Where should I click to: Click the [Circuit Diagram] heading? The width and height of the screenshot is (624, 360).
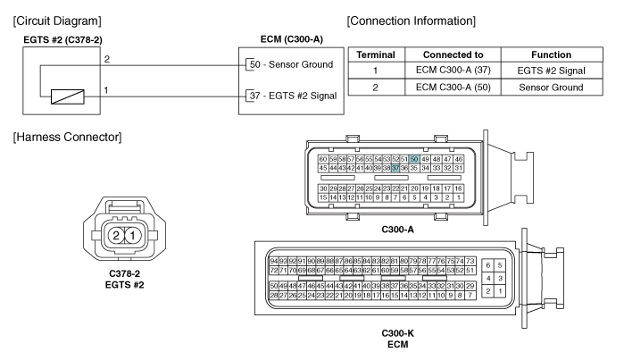(x=57, y=21)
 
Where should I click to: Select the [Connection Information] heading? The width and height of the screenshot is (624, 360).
(x=412, y=21)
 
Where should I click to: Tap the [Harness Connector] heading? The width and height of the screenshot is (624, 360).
(x=67, y=137)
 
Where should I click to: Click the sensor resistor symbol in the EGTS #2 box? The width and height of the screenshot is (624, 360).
(x=68, y=96)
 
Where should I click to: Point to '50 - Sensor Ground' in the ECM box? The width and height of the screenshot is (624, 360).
(x=291, y=64)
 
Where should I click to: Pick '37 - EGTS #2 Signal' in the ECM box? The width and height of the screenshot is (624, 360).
(x=293, y=96)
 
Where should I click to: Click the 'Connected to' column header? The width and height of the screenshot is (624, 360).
(x=453, y=54)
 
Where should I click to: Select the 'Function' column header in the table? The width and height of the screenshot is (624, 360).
(x=551, y=54)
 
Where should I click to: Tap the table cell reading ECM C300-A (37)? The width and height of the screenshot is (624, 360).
(x=453, y=71)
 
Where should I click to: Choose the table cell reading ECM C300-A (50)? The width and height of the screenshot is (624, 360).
(x=453, y=88)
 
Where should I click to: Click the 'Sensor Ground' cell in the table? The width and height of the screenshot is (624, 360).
(x=551, y=88)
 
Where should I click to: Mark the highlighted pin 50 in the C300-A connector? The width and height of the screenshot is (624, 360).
(x=414, y=159)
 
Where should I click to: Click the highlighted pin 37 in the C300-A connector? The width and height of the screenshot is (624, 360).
(x=395, y=168)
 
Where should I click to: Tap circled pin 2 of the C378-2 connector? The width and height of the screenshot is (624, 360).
(x=116, y=235)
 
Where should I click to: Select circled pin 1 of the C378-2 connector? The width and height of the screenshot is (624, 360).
(x=133, y=235)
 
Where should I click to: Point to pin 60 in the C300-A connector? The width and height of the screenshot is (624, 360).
(x=323, y=159)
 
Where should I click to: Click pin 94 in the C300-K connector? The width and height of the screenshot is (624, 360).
(x=273, y=261)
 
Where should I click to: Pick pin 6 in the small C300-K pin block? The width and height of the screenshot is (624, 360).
(x=488, y=265)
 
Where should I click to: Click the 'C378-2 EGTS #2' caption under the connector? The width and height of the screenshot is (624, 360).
(x=125, y=280)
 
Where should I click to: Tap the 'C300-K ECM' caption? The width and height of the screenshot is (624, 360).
(x=397, y=339)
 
